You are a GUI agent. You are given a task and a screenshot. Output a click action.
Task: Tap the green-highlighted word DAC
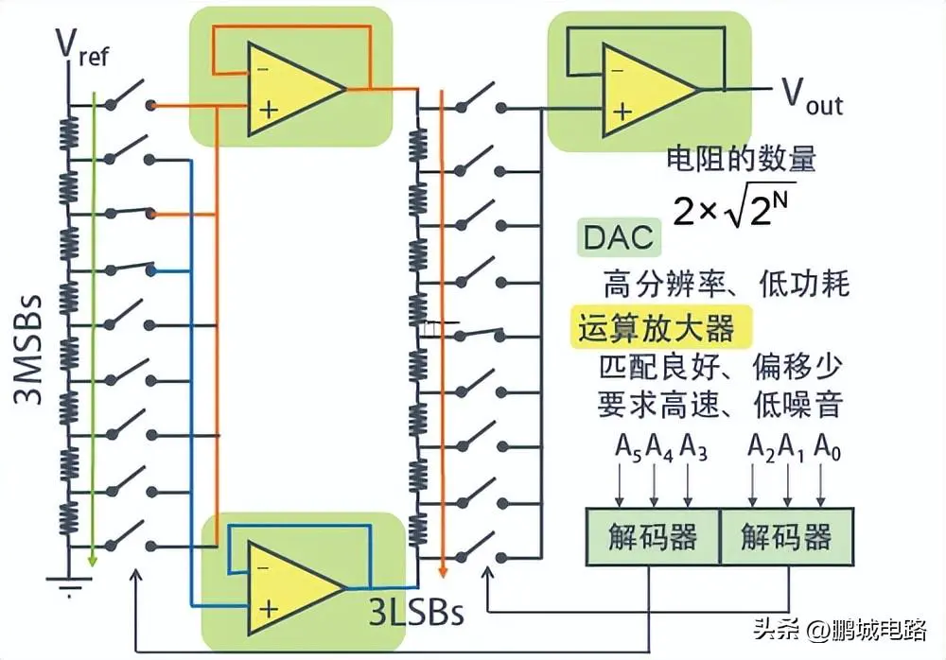tap(618, 237)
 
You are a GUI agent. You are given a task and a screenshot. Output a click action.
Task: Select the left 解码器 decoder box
tap(653, 537)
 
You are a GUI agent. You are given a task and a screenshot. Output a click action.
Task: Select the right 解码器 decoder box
tap(786, 537)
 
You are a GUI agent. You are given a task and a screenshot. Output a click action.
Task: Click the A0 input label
tap(827, 444)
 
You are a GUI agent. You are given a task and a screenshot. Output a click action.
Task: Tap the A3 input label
tap(692, 444)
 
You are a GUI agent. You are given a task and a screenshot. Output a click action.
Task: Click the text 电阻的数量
tap(741, 157)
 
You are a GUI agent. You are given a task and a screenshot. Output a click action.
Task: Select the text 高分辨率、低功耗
tap(727, 283)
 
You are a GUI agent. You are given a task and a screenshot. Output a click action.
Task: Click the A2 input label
tap(761, 444)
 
